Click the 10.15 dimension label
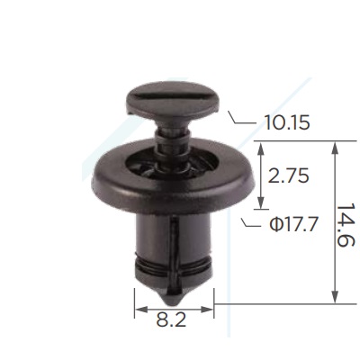click(x=287, y=122)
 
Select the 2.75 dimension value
click(x=288, y=175)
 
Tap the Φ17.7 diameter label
click(x=293, y=224)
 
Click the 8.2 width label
click(x=171, y=319)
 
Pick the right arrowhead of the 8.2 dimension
click(x=207, y=310)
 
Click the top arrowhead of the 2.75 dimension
click(x=261, y=148)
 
